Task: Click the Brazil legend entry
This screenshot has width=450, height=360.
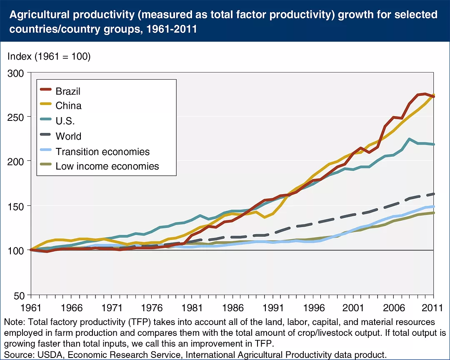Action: point(68,91)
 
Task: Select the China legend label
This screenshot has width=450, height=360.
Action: point(68,106)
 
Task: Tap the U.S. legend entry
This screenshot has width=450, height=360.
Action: point(65,121)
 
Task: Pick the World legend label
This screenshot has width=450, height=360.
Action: point(68,136)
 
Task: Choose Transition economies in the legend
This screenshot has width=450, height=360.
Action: point(102,151)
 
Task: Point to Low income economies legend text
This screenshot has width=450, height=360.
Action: point(107,166)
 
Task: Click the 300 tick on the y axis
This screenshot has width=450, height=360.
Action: point(16,73)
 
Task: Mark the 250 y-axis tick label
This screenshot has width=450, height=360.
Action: point(16,117)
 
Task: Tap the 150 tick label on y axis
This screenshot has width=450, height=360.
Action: point(16,206)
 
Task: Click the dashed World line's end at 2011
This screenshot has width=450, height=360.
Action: point(434,194)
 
